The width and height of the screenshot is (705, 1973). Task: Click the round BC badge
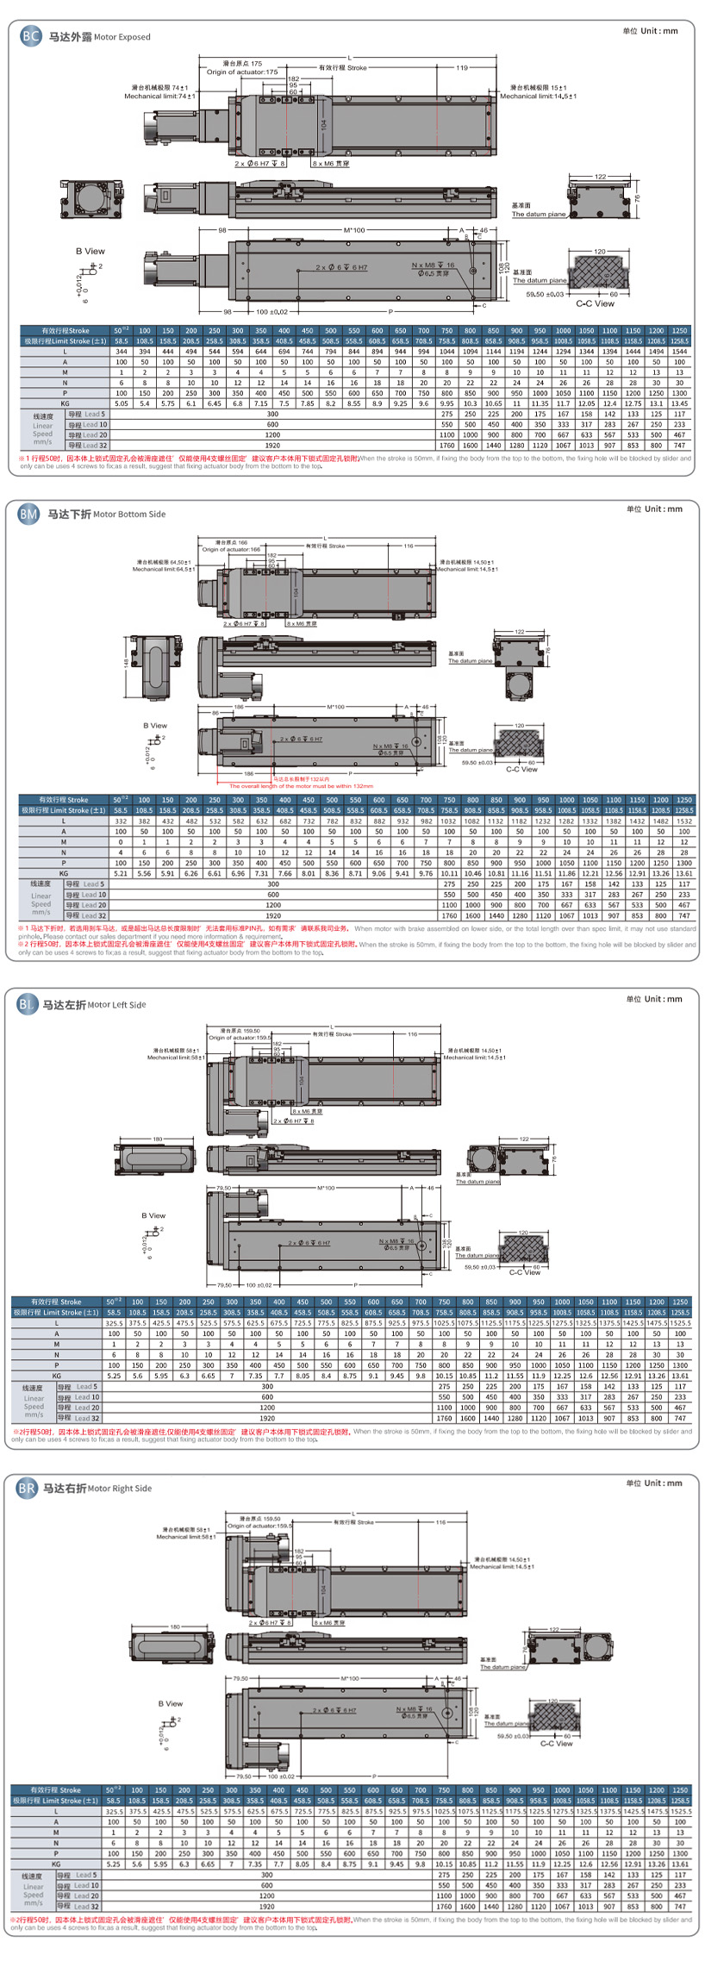[30, 36]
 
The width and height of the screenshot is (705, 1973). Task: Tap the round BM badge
[28, 515]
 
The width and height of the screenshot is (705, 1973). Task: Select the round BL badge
[27, 1004]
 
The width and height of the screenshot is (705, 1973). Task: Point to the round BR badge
[27, 1488]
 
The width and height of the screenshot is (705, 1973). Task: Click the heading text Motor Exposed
[122, 37]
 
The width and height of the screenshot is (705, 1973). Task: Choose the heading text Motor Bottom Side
[129, 515]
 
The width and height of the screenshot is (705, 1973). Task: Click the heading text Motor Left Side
[116, 1004]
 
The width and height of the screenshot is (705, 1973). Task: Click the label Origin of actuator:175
[242, 72]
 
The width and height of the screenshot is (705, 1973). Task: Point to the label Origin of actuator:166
[231, 549]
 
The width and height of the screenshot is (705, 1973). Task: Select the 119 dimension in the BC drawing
[462, 67]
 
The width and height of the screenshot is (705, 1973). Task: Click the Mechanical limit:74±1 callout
[157, 97]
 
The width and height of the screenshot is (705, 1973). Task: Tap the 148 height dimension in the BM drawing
[127, 663]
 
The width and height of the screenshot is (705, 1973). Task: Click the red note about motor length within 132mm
[301, 786]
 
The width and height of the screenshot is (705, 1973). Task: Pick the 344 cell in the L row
[122, 352]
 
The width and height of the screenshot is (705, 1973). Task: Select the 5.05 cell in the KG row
[122, 403]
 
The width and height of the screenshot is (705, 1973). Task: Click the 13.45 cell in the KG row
[679, 403]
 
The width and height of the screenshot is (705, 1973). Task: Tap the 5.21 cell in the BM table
[121, 873]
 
